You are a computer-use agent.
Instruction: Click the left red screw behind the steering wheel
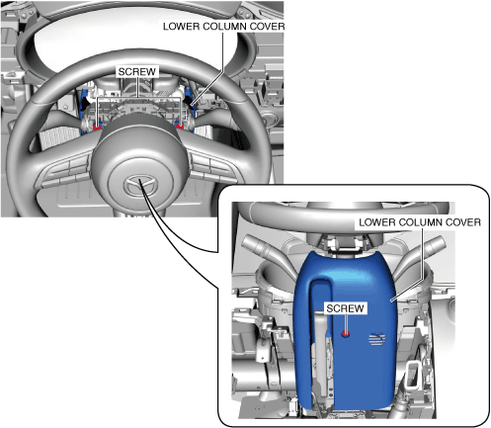(x=97, y=127)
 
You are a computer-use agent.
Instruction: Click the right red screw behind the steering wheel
(x=180, y=127)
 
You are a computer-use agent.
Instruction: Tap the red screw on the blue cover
(x=345, y=333)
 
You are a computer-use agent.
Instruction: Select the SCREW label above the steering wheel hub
(x=137, y=71)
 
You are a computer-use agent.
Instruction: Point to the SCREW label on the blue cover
(x=345, y=308)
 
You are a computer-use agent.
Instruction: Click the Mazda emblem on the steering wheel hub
(x=139, y=186)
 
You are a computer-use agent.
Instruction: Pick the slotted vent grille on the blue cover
(x=376, y=339)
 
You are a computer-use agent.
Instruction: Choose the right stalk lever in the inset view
(x=422, y=255)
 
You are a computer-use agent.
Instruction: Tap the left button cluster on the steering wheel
(x=66, y=172)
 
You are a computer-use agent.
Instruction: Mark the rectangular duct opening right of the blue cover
(x=414, y=374)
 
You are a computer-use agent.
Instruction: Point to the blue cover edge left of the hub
(x=83, y=112)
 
